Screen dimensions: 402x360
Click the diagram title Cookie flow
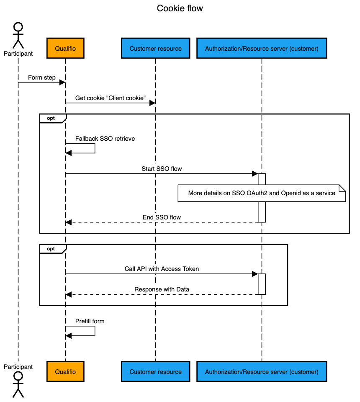[x=180, y=8]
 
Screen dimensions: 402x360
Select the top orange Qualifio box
[x=65, y=48]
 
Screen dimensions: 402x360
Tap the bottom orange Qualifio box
[x=65, y=371]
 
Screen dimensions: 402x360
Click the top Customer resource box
[x=155, y=48]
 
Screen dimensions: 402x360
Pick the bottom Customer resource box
[x=155, y=371]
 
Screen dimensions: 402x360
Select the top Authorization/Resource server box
[x=262, y=48]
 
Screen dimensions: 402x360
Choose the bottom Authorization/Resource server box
[x=262, y=371]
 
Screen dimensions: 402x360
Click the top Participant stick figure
[x=18, y=36]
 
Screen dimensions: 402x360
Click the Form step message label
[x=42, y=77]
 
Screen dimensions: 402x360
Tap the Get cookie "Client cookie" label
[x=110, y=98]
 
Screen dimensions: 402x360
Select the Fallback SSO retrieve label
[x=105, y=139]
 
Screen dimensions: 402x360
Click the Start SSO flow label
[x=162, y=169]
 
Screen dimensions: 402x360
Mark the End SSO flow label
[x=162, y=217]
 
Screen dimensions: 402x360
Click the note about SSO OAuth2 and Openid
[x=262, y=193]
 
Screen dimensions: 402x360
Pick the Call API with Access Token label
[x=162, y=269]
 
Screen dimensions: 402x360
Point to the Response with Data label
[x=162, y=289]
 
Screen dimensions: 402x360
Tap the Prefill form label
[x=90, y=321]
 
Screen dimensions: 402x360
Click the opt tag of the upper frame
[x=51, y=118]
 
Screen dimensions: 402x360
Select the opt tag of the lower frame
[x=51, y=249]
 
